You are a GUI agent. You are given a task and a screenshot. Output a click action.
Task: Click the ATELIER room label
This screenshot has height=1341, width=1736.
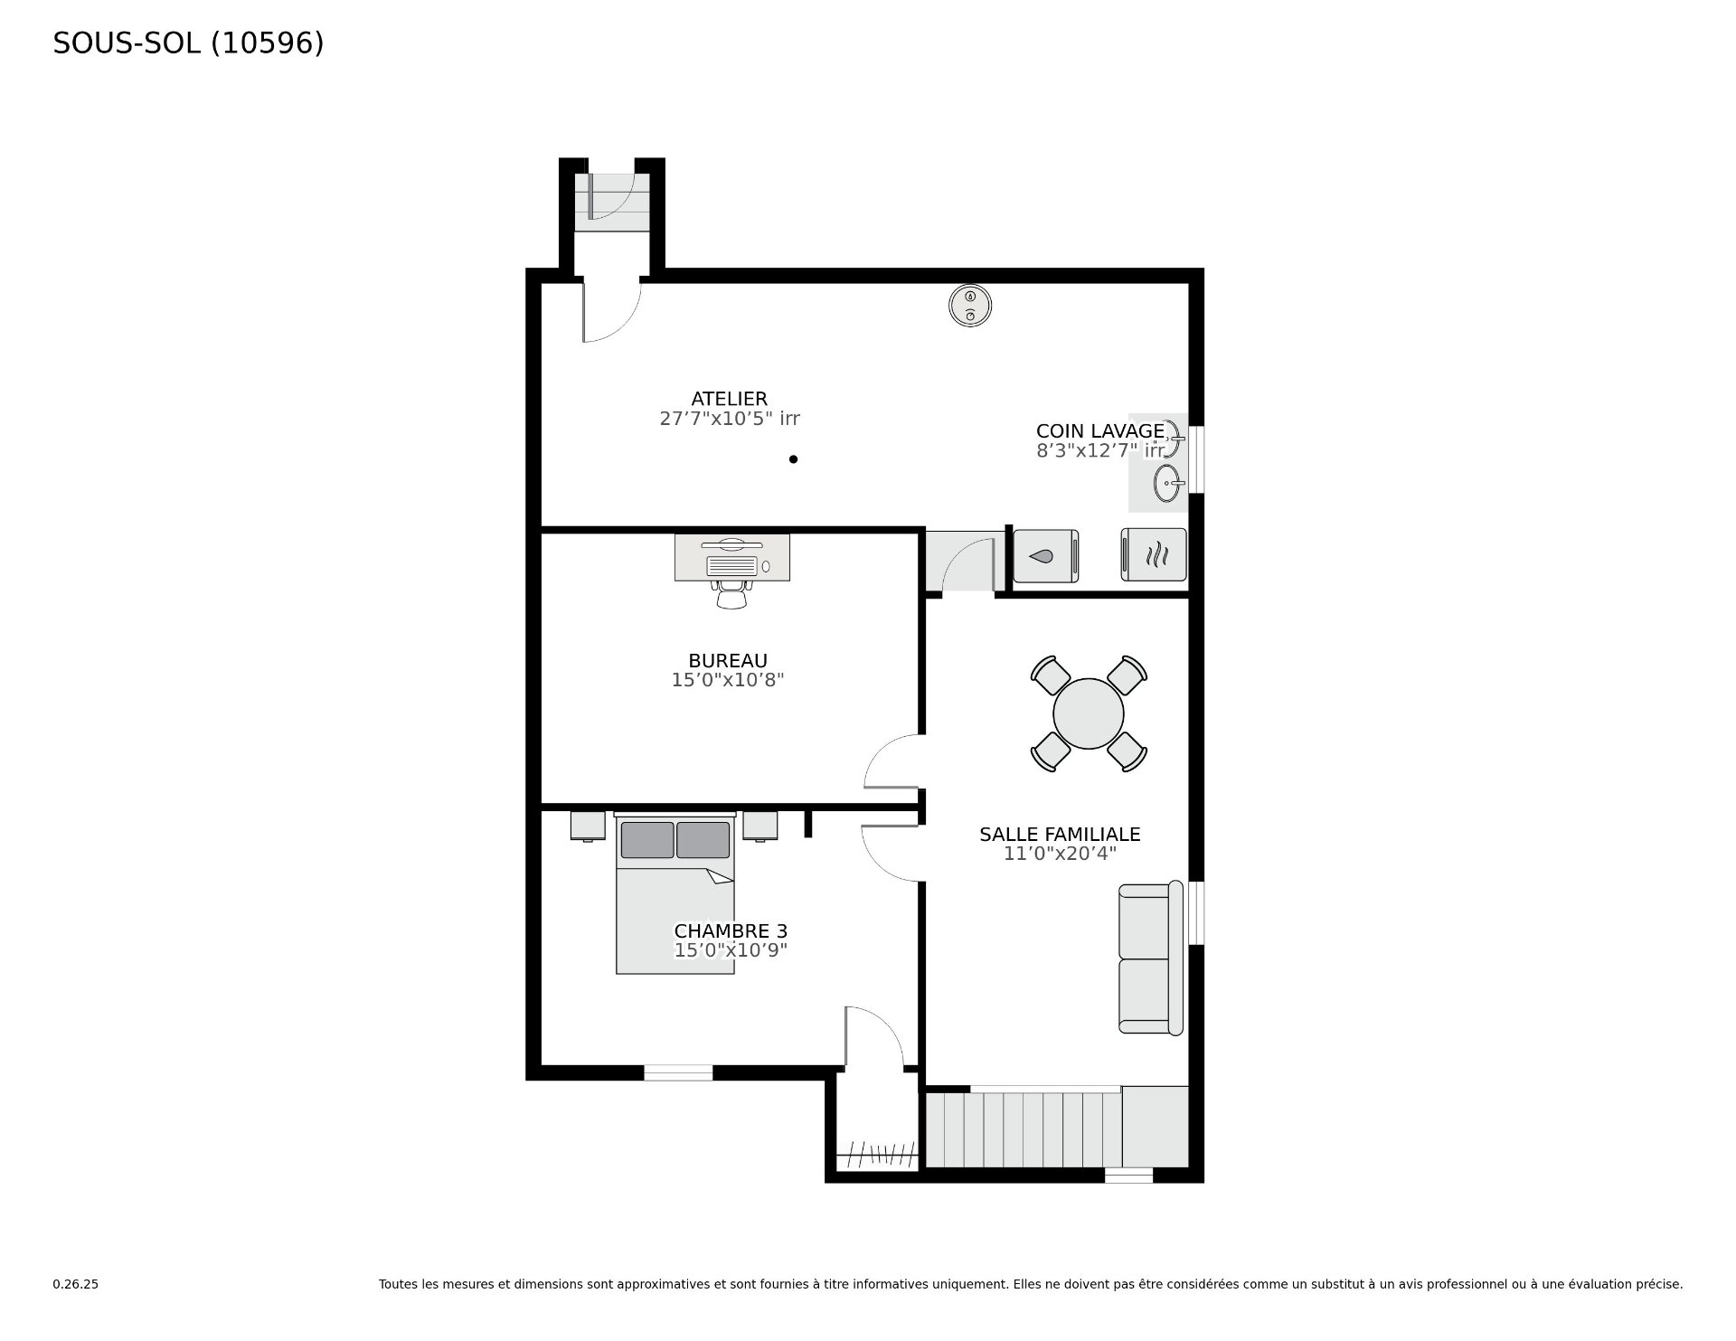pyautogui.click(x=729, y=399)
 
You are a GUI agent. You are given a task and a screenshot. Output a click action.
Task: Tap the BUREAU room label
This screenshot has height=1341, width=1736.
pyautogui.click(x=728, y=661)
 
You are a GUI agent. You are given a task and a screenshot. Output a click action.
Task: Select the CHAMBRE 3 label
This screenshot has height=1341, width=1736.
pyautogui.click(x=731, y=931)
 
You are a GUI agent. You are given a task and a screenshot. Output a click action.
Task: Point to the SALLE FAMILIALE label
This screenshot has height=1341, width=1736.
pyautogui.click(x=1060, y=835)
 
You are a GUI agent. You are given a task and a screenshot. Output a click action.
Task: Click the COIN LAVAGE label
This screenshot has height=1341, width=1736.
pyautogui.click(x=1100, y=431)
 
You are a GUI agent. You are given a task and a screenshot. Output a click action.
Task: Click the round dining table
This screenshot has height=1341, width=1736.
pyautogui.click(x=1089, y=713)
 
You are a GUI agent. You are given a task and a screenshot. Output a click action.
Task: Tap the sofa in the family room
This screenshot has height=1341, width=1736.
pyautogui.click(x=1151, y=958)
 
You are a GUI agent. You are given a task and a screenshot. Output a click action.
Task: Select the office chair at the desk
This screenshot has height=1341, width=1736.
pyautogui.click(x=732, y=593)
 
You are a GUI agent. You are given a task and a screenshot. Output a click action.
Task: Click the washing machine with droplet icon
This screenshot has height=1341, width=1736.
pyautogui.click(x=1046, y=555)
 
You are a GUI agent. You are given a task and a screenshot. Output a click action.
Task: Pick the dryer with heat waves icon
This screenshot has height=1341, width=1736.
pyautogui.click(x=1154, y=554)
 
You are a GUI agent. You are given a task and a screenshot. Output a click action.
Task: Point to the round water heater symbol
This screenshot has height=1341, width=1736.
pyautogui.click(x=970, y=305)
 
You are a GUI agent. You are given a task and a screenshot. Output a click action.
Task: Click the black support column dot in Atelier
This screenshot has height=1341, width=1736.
pyautogui.click(x=793, y=459)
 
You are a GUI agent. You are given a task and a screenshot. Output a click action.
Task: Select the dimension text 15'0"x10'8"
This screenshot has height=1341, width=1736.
pyautogui.click(x=728, y=680)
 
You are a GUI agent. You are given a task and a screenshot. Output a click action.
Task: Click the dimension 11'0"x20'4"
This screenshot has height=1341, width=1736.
pyautogui.click(x=1060, y=854)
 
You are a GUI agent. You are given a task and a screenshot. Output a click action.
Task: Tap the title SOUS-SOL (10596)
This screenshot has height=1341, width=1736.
pyautogui.click(x=188, y=43)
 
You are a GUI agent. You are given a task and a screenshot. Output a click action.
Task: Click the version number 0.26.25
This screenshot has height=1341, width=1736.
pyautogui.click(x=75, y=1284)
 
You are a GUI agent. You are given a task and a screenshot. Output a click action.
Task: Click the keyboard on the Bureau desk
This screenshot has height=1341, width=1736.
pyautogui.click(x=731, y=566)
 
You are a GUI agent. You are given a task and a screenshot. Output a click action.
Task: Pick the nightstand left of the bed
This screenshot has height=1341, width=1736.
pyautogui.click(x=588, y=826)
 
